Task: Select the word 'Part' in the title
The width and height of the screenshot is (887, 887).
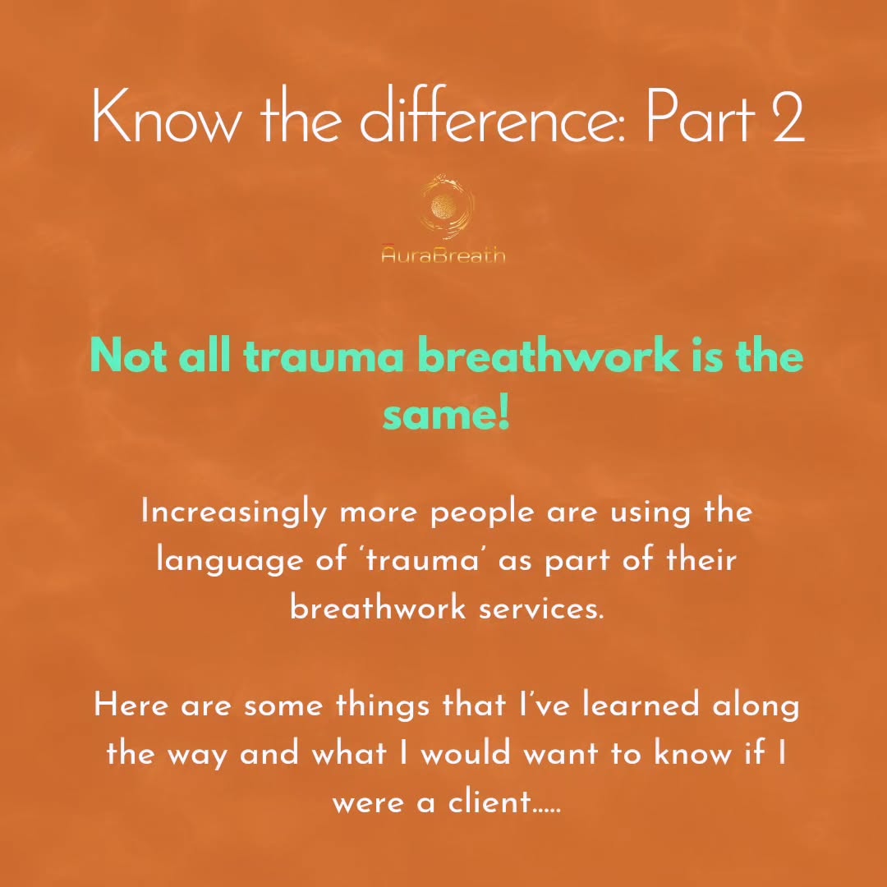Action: point(701,117)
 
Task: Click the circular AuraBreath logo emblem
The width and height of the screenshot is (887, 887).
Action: point(443,205)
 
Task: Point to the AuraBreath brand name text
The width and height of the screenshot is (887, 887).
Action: point(443,255)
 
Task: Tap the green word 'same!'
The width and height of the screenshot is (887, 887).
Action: point(446,416)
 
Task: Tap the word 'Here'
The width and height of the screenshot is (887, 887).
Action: point(132,705)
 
